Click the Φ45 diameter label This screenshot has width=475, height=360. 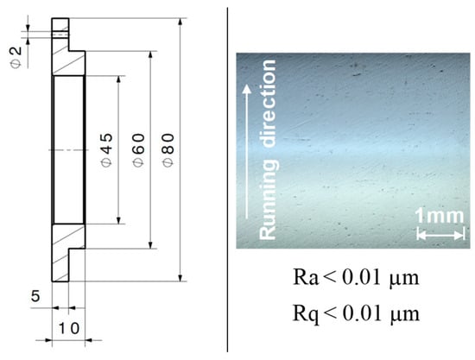[x=107, y=149]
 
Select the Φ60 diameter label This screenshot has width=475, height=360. [x=139, y=149]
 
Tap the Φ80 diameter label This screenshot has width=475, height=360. [x=168, y=149]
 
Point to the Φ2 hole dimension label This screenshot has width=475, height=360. [x=16, y=57]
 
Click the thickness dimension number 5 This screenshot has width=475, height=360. [x=35, y=296]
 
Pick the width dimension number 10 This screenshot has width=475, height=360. [x=68, y=329]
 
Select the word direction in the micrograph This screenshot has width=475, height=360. [x=269, y=104]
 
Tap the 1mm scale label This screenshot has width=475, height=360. [x=439, y=216]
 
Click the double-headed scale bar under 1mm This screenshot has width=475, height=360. [x=440, y=234]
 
